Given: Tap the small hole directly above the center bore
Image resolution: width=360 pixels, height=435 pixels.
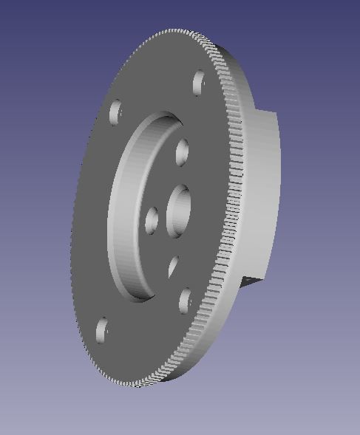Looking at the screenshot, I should pyautogui.click(x=182, y=152).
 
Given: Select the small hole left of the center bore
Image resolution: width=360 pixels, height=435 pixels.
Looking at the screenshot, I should pyautogui.click(x=152, y=219).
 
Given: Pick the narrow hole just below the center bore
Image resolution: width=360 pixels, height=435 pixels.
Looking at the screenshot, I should pyautogui.click(x=174, y=265).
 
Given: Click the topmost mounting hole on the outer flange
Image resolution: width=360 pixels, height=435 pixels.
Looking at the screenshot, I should pyautogui.click(x=198, y=82).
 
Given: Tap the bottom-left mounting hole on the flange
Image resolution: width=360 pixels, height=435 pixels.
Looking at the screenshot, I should pyautogui.click(x=102, y=329).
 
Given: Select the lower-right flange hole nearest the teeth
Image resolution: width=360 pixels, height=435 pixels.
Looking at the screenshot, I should pyautogui.click(x=184, y=299).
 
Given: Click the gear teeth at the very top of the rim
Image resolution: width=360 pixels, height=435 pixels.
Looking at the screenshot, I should pyautogui.click(x=177, y=32).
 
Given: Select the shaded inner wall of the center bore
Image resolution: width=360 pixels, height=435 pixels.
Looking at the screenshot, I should pyautogui.click(x=172, y=210).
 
